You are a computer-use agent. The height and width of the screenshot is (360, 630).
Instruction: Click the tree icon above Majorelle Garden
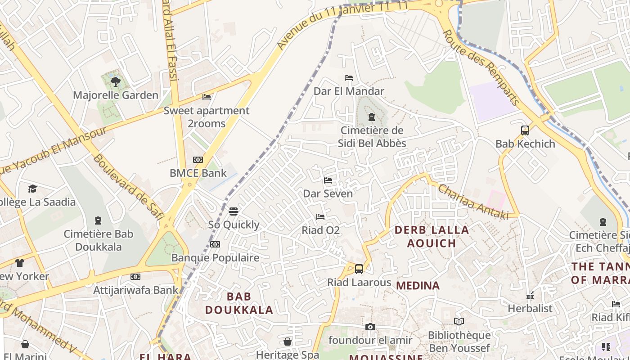tap(116, 81)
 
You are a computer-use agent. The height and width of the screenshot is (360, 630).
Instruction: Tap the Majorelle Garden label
tap(116, 95)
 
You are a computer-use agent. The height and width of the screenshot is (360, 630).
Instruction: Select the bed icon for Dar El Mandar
tap(348, 78)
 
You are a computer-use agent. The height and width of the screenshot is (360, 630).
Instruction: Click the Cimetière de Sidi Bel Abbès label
tap(372, 137)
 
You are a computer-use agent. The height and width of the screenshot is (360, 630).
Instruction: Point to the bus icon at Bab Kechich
tap(525, 130)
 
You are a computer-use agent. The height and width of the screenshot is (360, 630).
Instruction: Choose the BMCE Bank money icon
tap(198, 160)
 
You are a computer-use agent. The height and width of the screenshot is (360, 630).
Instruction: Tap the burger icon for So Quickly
tap(233, 211)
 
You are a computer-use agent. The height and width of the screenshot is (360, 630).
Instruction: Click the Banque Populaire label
tap(215, 258)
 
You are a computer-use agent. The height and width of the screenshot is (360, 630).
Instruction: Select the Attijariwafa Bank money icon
tap(135, 277)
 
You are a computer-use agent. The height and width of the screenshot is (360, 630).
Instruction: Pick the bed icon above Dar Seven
tap(328, 180)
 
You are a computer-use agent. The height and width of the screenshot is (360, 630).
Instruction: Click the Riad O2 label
tap(320, 230)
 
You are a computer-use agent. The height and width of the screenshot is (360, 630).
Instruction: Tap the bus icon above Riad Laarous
tap(359, 269)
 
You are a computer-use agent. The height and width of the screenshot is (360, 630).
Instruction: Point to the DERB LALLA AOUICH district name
tap(432, 237)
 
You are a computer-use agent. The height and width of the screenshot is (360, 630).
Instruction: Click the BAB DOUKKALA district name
tap(239, 303)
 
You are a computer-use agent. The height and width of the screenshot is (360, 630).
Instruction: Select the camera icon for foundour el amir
tap(370, 327)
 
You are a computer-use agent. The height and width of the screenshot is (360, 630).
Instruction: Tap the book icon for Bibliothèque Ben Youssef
tap(459, 321)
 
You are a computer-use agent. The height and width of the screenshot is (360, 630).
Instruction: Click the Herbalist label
tap(530, 308)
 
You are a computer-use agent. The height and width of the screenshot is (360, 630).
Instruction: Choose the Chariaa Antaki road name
tap(473, 202)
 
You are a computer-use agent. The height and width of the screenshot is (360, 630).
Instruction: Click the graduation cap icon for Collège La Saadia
tap(32, 189)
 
